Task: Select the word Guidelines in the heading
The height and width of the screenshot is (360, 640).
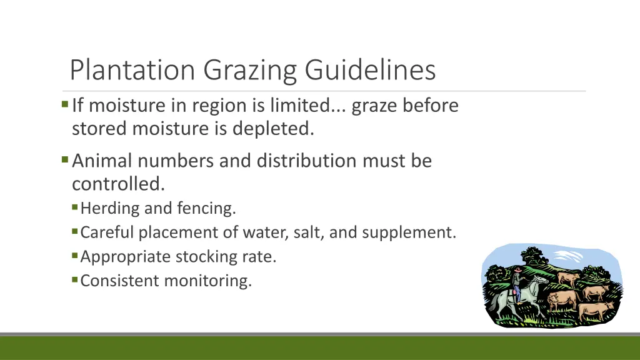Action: coord(371,70)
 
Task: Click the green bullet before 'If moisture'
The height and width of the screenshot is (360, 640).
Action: coord(65,104)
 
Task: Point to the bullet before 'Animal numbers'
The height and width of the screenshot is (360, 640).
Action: coord(65,159)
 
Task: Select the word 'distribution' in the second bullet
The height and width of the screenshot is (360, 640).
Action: coord(291,161)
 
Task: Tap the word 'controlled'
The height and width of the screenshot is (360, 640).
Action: coord(117,184)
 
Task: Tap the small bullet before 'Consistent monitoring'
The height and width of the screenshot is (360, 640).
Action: coord(75,279)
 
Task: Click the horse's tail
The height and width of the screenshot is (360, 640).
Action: coord(492,304)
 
